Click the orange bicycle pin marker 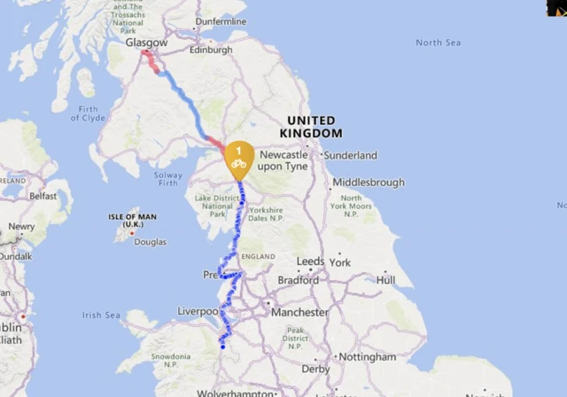[x=238, y=157]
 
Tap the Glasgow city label [x=146, y=43]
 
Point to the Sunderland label [x=350, y=155]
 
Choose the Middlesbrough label [x=368, y=183]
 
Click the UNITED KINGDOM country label [x=310, y=126]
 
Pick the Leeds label [x=310, y=262]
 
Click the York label [x=339, y=262]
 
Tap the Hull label [x=385, y=280]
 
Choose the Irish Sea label [x=100, y=315]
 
